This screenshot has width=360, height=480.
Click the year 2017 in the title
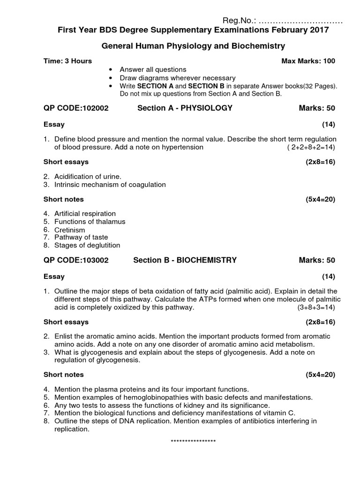[320, 30]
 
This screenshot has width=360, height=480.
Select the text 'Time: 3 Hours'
[67, 61]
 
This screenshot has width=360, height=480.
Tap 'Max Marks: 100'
[308, 61]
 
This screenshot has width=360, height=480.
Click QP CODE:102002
[76, 108]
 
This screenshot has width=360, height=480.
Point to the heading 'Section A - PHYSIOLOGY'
[185, 108]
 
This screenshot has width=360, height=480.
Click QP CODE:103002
[76, 260]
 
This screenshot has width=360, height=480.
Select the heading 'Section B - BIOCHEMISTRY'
[185, 260]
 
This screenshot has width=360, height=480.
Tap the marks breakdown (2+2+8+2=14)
[311, 147]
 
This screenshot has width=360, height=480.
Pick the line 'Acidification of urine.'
[88, 177]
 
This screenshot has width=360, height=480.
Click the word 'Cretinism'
[70, 230]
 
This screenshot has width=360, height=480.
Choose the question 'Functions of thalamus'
[90, 222]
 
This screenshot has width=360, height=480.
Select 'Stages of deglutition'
[87, 245]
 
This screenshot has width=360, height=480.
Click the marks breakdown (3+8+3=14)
[316, 307]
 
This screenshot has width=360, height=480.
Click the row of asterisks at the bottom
[193, 442]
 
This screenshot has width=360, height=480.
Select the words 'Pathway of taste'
[81, 238]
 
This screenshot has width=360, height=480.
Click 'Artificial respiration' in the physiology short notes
[85, 214]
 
